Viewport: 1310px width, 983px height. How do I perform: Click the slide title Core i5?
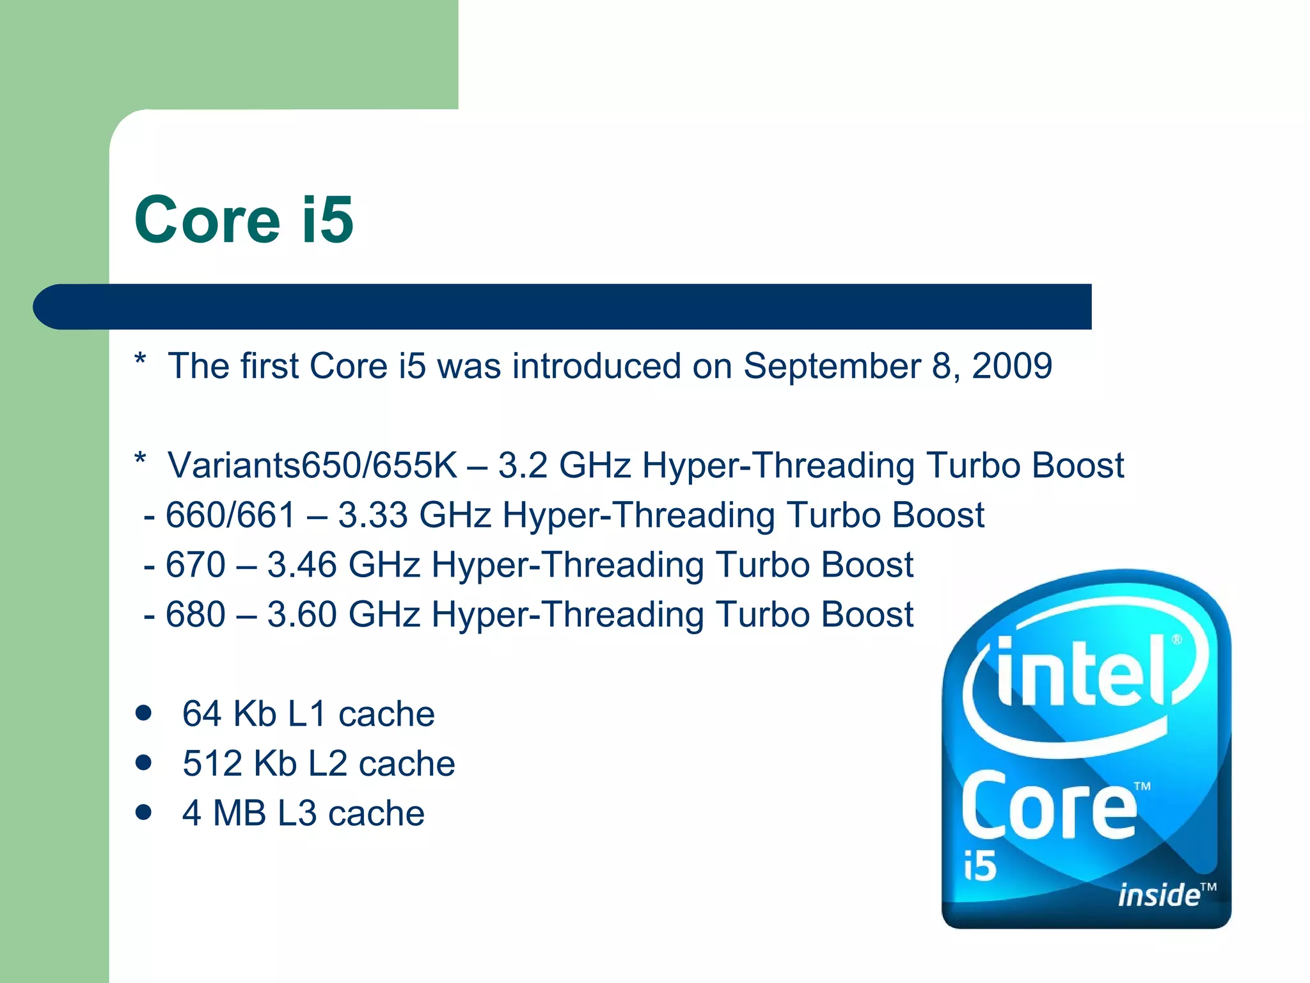[x=244, y=220]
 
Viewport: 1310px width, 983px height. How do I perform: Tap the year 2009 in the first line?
[x=1012, y=366]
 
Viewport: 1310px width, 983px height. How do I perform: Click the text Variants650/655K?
[x=313, y=465]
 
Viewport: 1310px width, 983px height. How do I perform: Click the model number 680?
[x=195, y=614]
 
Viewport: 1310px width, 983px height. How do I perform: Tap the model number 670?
[x=195, y=565]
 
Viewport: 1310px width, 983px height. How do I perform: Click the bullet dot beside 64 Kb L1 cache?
[x=144, y=713]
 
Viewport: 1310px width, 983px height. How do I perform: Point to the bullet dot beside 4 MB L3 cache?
[x=144, y=812]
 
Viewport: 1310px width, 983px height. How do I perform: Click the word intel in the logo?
[x=1081, y=672]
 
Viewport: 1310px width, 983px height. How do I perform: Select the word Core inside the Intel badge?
[x=1049, y=808]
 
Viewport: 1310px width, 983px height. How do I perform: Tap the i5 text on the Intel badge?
[x=980, y=867]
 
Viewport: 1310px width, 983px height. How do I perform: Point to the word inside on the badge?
[x=1158, y=895]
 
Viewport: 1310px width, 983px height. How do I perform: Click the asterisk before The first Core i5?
[x=141, y=360]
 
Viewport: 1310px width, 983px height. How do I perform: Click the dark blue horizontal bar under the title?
[x=563, y=307]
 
